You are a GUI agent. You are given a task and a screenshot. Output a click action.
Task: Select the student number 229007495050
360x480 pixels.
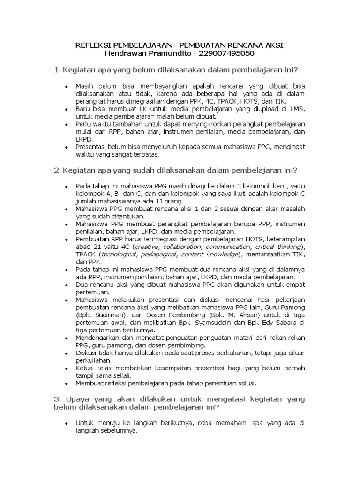[x=227, y=53]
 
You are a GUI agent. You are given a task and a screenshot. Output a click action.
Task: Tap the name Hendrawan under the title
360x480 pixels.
[x=128, y=53]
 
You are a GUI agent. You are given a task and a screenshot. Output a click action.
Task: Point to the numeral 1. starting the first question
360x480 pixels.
[x=58, y=70]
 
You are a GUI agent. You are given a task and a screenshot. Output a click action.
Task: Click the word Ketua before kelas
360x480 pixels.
[x=85, y=368]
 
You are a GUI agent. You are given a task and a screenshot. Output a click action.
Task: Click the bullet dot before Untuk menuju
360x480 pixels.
[x=67, y=423]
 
